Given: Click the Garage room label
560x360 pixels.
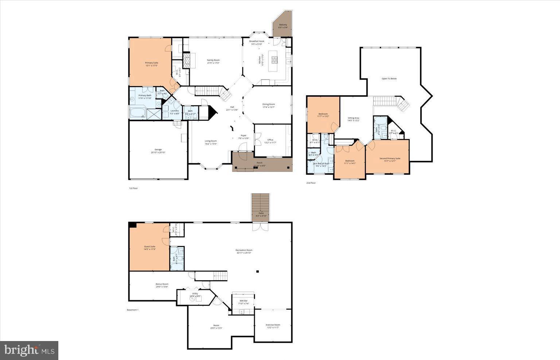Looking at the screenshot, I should click(x=158, y=151).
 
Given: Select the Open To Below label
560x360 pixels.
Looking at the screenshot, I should click(x=389, y=78).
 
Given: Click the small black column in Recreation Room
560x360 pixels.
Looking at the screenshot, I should click(x=257, y=271).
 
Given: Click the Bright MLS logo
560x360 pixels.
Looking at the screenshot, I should click(x=29, y=351).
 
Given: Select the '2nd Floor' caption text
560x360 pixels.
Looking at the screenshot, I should click(x=311, y=183).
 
